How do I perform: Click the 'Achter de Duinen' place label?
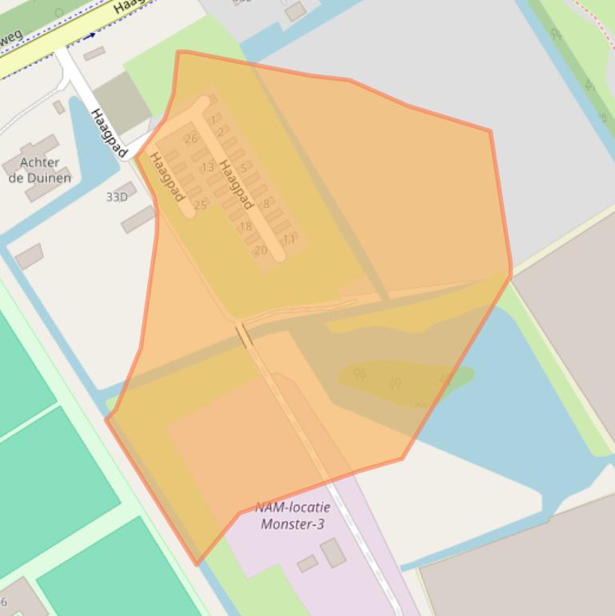coord(39,170)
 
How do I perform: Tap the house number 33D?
coord(117,197)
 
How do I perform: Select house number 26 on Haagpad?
coord(190,138)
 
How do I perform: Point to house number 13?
coord(207,167)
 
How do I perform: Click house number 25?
coord(200,206)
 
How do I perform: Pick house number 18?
coord(245,227)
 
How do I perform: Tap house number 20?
coord(260,250)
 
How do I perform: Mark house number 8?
coord(266,204)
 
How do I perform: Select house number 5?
coord(243,169)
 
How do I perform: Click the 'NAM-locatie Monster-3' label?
coord(292,516)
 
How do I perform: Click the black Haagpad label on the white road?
coord(109,133)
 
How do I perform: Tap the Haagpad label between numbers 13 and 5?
coord(236,185)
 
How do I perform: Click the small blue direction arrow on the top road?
coord(90,35)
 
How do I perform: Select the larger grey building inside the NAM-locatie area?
coord(333,552)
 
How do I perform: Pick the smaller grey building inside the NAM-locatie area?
coord(307,564)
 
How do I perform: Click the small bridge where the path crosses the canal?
coord(244,335)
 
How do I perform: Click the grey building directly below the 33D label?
coord(138,219)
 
